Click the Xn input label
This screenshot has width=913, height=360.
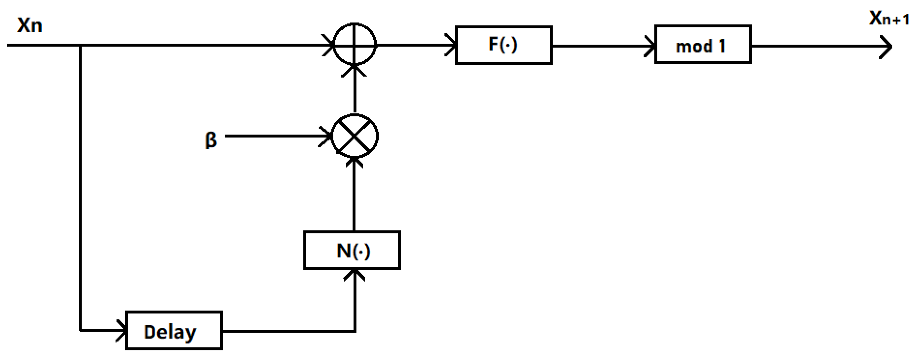click(30, 25)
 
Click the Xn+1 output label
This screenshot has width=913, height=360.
click(888, 18)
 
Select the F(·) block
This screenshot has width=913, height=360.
click(503, 45)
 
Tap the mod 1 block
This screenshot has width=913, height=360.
click(703, 45)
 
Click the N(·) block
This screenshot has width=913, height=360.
click(352, 251)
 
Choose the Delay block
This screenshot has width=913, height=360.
click(174, 331)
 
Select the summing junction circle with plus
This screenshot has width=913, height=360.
click(355, 44)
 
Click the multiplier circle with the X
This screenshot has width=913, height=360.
click(355, 136)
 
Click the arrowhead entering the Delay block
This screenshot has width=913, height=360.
click(123, 331)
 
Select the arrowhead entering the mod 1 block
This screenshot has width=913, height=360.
click(651, 46)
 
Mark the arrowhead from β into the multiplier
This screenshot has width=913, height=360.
click(327, 136)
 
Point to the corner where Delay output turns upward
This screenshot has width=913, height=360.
click(355, 331)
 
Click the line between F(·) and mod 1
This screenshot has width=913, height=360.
click(603, 46)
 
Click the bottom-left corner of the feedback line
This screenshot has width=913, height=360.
click(80, 330)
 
